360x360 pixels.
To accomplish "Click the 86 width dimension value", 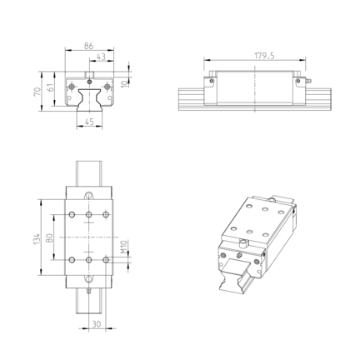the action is point(88,46).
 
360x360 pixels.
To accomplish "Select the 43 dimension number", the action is point(101,57).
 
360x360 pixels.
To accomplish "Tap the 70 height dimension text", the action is point(37,92).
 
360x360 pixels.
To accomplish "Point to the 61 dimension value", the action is point(51,87).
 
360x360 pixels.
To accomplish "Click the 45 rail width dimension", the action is point(89,122).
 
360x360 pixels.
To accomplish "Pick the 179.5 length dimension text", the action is point(264,56).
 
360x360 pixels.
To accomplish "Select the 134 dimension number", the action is point(37,239).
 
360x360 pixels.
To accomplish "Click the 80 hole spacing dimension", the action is point(49,237).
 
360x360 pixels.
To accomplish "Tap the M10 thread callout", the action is point(124,247).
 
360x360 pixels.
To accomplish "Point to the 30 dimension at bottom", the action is point(96,324).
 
